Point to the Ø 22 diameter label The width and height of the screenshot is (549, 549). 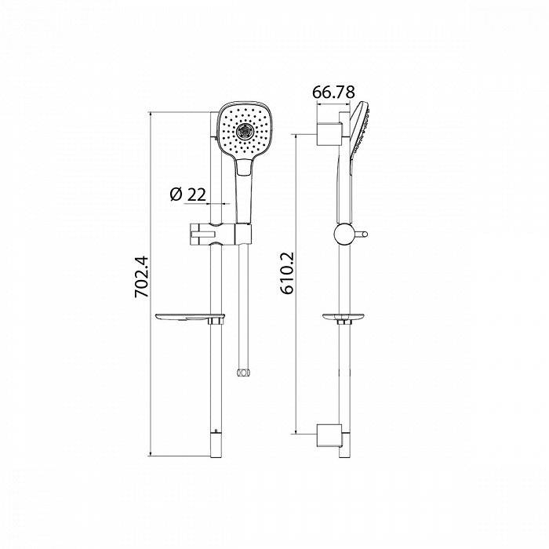pyautogui.click(x=187, y=194)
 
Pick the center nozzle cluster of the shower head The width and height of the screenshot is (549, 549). pyautogui.click(x=245, y=129)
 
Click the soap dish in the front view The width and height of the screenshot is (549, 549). pyautogui.click(x=191, y=318)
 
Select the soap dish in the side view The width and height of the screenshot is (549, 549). pyautogui.click(x=343, y=318)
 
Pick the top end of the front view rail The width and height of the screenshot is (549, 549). pyautogui.click(x=216, y=115)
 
